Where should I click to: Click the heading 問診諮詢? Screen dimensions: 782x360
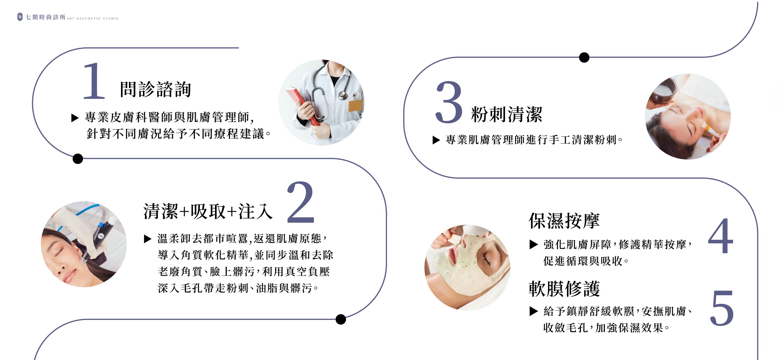pos(155,89)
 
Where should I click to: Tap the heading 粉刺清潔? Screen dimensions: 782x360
pos(507,115)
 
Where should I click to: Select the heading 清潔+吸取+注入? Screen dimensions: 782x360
pos(208,211)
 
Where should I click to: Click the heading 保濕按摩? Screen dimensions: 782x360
pos(564,221)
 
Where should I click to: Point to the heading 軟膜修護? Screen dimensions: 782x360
pos(564,289)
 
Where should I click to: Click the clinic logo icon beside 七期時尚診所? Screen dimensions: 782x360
pos(20,17)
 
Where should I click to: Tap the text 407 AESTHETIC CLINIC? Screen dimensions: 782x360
pos(93,19)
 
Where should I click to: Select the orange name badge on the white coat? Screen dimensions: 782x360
pos(355,105)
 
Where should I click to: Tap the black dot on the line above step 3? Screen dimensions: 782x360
pos(584,57)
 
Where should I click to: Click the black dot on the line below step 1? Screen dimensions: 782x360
pos(78,159)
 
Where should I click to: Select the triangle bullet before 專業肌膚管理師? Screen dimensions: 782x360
pos(436,140)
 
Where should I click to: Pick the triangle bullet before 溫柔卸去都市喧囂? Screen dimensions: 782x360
pos(148,239)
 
